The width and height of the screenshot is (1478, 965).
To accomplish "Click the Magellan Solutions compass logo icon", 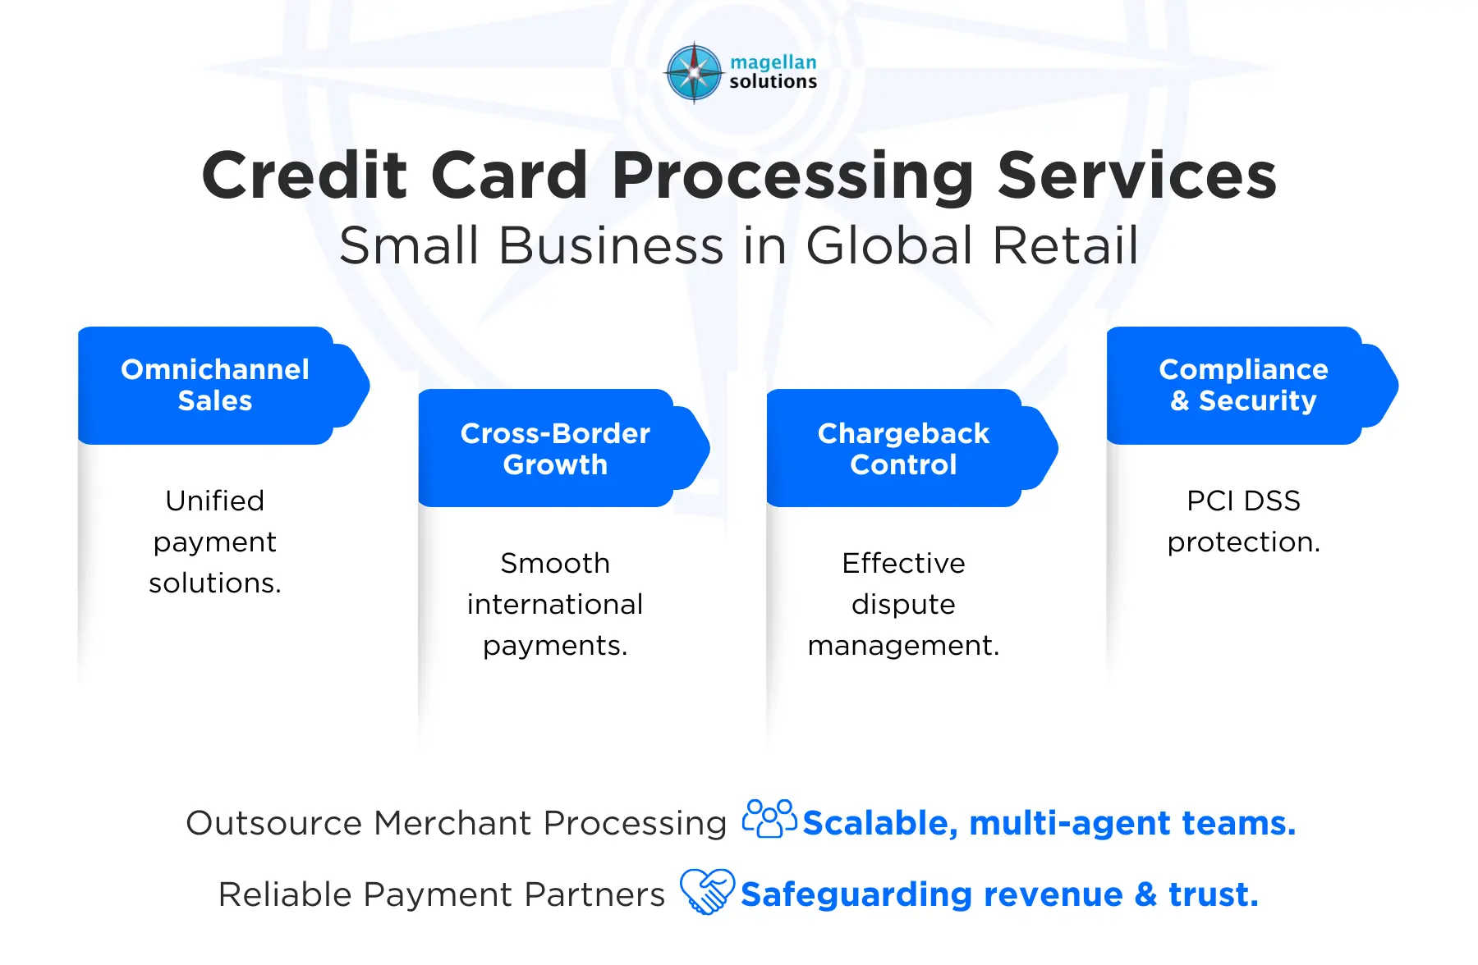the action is pyautogui.click(x=695, y=73).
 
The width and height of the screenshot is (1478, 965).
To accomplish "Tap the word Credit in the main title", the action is pyautogui.click(x=305, y=176).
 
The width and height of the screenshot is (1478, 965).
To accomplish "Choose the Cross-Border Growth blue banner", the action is pyautogui.click(x=564, y=448).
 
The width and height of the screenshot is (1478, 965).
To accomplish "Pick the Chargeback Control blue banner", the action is pyautogui.click(x=912, y=448).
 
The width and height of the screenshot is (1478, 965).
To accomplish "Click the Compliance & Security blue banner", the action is pyautogui.click(x=1252, y=386).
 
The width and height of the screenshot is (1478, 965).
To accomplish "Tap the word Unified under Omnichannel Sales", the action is pyautogui.click(x=215, y=501).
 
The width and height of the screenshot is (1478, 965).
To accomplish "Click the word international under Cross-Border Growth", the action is pyautogui.click(x=555, y=605).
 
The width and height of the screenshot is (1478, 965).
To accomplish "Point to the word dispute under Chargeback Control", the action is pyautogui.click(x=903, y=606).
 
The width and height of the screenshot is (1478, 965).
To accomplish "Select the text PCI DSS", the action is pyautogui.click(x=1244, y=501).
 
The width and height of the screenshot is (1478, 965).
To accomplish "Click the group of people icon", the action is pyautogui.click(x=769, y=818).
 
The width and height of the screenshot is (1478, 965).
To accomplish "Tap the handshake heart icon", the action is pyautogui.click(x=707, y=891).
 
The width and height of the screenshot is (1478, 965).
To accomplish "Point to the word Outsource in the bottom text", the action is pyautogui.click(x=274, y=823).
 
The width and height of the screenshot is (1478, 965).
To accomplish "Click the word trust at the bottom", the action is pyautogui.click(x=1213, y=894).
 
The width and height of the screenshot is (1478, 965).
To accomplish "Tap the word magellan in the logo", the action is pyautogui.click(x=773, y=62).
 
